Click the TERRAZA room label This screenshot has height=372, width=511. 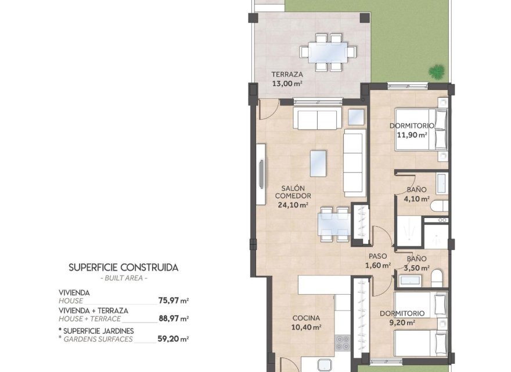click(x=287, y=74)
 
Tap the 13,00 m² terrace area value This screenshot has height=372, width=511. click(x=287, y=83)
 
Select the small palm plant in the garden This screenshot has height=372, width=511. click(x=436, y=71)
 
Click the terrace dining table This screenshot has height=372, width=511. click(x=328, y=52)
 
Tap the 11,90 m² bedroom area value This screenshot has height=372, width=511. click(x=412, y=134)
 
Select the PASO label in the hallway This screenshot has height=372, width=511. click(x=377, y=257)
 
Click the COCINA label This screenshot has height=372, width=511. click(x=306, y=318)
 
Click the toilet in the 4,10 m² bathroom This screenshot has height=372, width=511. click(x=440, y=206)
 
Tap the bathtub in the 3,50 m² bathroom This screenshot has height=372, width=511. click(x=412, y=281)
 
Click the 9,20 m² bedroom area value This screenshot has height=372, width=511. click(x=402, y=323)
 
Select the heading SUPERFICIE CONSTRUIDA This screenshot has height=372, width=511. click(x=123, y=268)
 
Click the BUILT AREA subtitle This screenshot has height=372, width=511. click(x=123, y=278)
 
